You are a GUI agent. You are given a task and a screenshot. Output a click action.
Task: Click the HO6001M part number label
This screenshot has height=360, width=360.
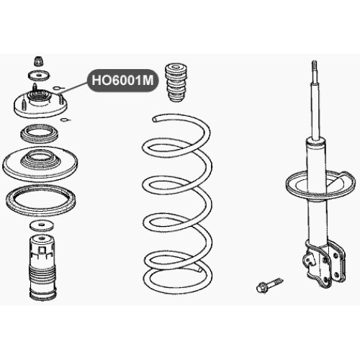[122, 81]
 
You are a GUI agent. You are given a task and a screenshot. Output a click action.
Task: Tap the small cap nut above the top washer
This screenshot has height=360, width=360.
[38, 61]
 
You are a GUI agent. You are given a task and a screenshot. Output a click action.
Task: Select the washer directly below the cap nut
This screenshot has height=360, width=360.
[39, 76]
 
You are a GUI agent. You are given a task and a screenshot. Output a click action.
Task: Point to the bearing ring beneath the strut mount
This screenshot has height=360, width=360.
[40, 133]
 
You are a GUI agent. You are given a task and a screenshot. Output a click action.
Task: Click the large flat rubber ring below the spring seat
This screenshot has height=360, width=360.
[40, 201]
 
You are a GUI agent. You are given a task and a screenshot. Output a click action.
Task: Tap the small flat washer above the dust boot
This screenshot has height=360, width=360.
[42, 225]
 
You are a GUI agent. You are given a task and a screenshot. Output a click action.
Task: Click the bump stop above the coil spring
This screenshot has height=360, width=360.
[176, 83]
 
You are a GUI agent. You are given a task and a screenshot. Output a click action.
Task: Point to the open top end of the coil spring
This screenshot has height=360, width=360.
[156, 119]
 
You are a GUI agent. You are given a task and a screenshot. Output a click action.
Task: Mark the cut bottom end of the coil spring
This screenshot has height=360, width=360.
[199, 269]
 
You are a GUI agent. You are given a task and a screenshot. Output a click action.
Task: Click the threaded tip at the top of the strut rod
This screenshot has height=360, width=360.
[315, 66]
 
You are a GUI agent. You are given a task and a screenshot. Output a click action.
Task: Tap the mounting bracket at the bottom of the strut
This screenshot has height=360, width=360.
[325, 264]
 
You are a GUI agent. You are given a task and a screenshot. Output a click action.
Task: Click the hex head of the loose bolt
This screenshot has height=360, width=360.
[261, 287]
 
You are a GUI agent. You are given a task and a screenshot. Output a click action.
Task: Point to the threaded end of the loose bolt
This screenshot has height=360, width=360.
[279, 281]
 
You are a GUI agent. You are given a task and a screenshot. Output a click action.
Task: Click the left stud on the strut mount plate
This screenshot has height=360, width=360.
[24, 103]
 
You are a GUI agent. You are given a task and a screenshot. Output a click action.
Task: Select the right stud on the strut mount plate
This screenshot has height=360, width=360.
[62, 99]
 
